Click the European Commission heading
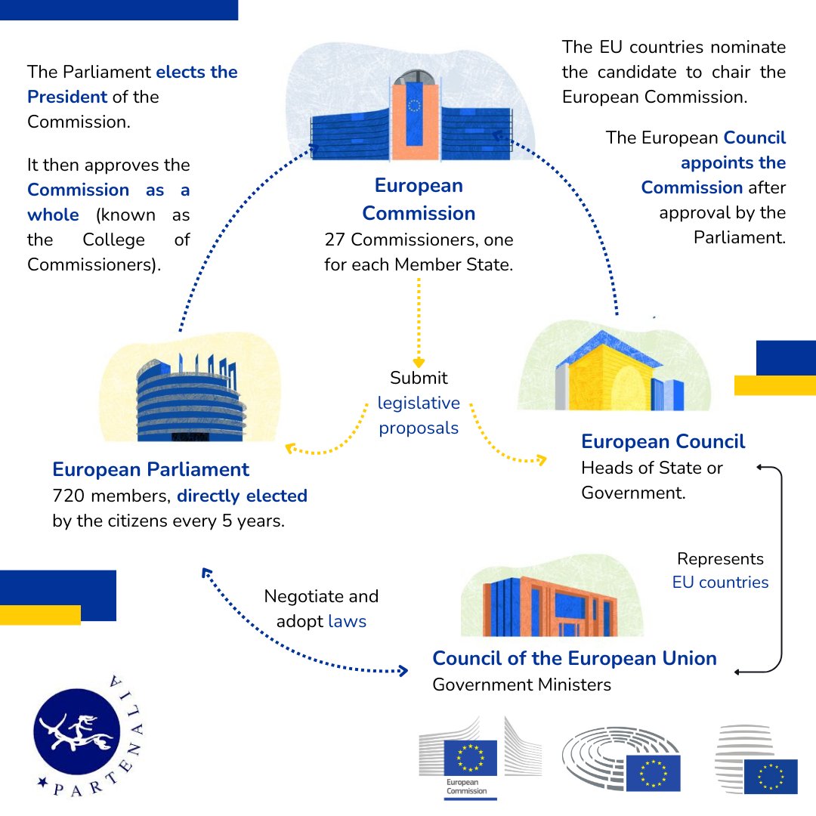pyautogui.click(x=419, y=199)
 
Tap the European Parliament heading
pyautogui.click(x=150, y=469)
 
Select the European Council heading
pyautogui.click(x=663, y=442)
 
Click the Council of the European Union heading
pyautogui.click(x=574, y=658)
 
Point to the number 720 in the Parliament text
pyautogui.click(x=68, y=496)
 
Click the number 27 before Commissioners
pyautogui.click(x=335, y=240)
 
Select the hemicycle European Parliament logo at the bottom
pyautogui.click(x=621, y=760)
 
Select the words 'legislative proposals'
pyautogui.click(x=419, y=416)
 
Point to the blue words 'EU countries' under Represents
pyautogui.click(x=720, y=582)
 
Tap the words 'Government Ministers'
pyautogui.click(x=521, y=685)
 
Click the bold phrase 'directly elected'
pyautogui.click(x=242, y=496)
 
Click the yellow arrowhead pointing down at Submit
pyautogui.click(x=419, y=363)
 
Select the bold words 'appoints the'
pyautogui.click(x=733, y=162)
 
